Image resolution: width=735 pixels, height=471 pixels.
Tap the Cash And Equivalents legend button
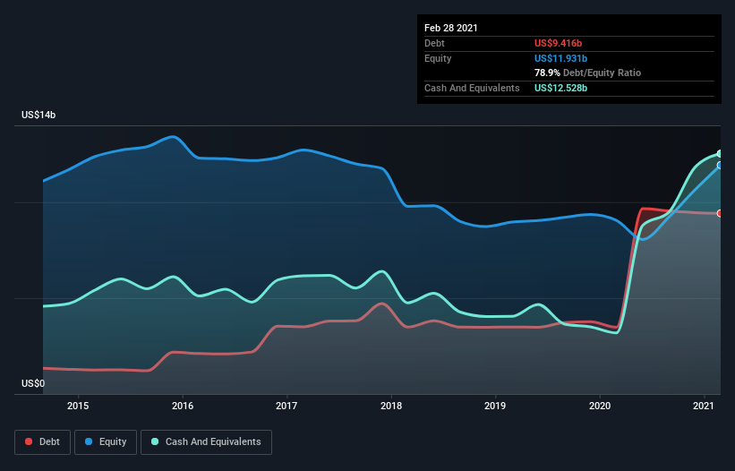pyautogui.click(x=206, y=441)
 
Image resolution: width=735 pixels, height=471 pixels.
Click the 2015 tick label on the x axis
pyautogui.click(x=79, y=406)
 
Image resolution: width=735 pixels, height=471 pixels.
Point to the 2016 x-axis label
pyautogui.click(x=183, y=406)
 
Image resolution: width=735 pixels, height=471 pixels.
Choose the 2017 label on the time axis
pyautogui.click(x=286, y=406)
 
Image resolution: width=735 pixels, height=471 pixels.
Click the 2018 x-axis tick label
pyautogui.click(x=391, y=406)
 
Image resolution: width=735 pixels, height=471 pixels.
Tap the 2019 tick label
pyautogui.click(x=495, y=406)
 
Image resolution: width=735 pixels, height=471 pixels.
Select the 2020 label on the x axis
pyautogui.click(x=600, y=406)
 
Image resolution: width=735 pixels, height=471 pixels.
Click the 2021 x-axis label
pyautogui.click(x=704, y=406)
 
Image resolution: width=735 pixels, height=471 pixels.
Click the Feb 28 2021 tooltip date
pyautogui.click(x=451, y=28)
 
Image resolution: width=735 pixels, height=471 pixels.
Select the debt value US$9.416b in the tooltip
pyautogui.click(x=559, y=43)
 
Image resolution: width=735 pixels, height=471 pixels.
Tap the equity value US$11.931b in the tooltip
pyautogui.click(x=561, y=58)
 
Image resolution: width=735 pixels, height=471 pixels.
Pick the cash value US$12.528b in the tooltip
pyautogui.click(x=561, y=88)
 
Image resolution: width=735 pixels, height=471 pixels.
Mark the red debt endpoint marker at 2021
pyautogui.click(x=720, y=213)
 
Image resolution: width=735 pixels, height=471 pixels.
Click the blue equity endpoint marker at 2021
pyautogui.click(x=720, y=165)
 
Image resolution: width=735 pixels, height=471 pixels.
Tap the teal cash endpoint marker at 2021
pyautogui.click(x=720, y=154)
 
